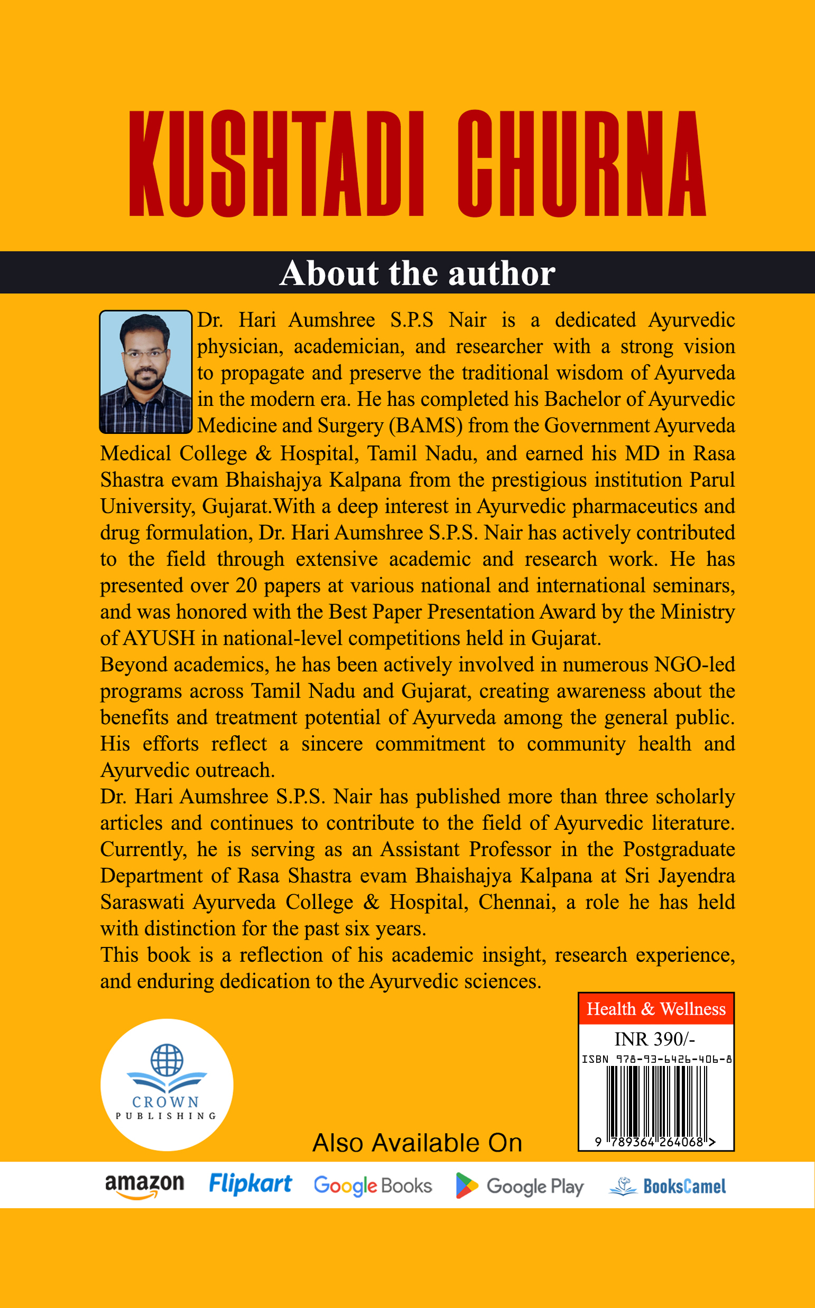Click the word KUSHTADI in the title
coord(276,163)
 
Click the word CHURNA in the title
coord(581,163)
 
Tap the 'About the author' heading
coord(417,273)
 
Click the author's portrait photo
coord(145,372)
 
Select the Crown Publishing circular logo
coord(166,1084)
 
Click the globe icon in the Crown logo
coord(166,1060)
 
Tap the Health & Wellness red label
coord(656,1009)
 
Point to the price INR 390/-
coord(654,1038)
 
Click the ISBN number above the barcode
coord(656,1059)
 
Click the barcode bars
coord(656,1101)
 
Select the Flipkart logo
coord(250,1184)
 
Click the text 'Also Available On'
coord(417,1142)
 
